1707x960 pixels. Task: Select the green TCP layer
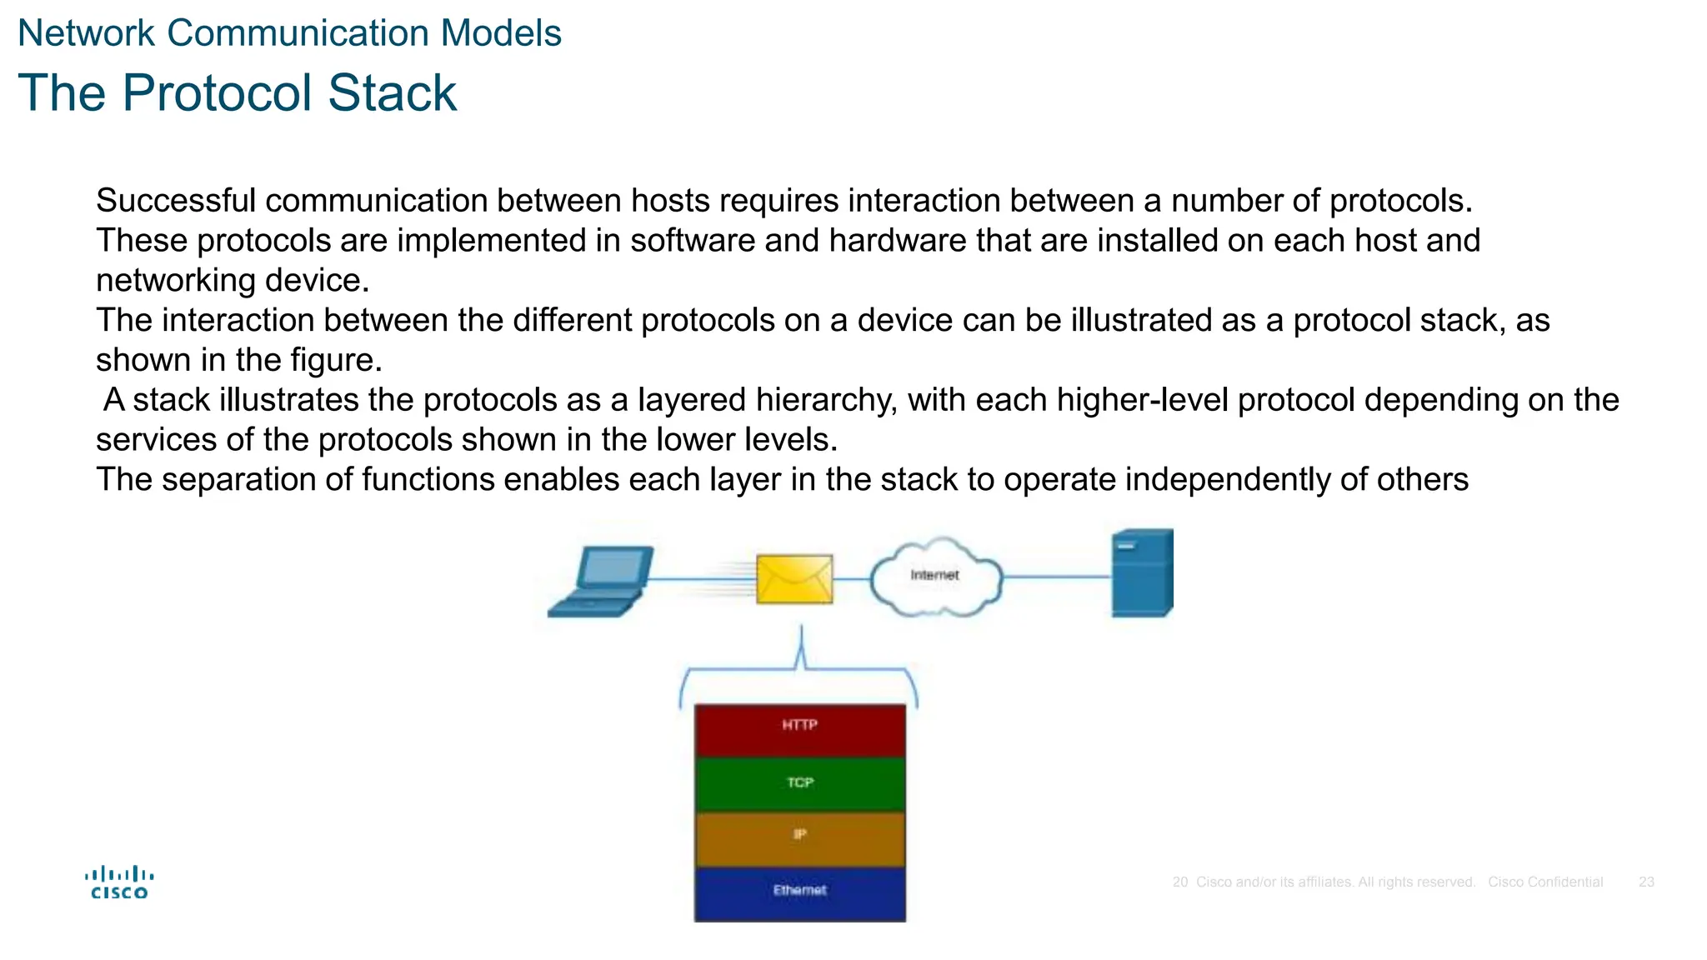799,783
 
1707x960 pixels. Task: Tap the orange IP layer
799,837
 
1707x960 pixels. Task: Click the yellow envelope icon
793,578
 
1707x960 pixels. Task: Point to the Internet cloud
935,577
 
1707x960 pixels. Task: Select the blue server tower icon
1142,573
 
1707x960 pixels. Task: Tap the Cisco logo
119,882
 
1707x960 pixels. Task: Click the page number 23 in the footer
1646,882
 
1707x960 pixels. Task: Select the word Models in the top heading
501,33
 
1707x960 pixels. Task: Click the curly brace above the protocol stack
800,667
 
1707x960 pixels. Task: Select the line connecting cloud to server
1057,577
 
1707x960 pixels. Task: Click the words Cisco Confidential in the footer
1545,882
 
